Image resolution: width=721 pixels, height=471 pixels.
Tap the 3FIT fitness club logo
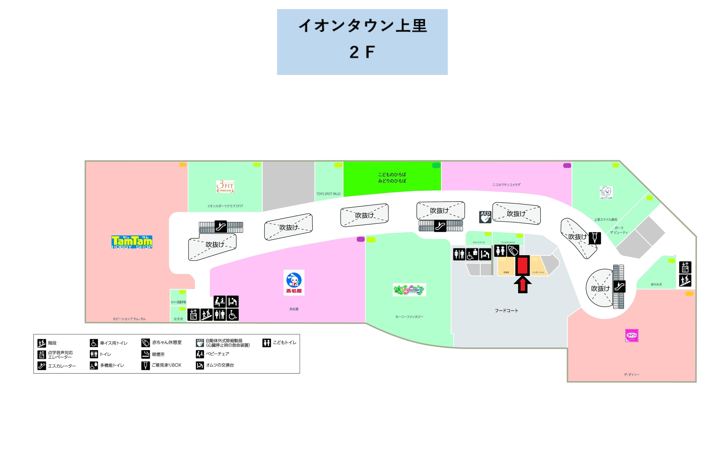[225, 187]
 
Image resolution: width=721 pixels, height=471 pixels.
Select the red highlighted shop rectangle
[523, 265]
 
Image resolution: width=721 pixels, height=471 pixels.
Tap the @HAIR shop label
[656, 285]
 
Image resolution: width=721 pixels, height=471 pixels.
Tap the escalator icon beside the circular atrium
[619, 286]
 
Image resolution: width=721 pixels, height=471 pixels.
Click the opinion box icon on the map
[595, 238]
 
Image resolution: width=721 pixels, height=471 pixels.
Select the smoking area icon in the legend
[146, 354]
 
